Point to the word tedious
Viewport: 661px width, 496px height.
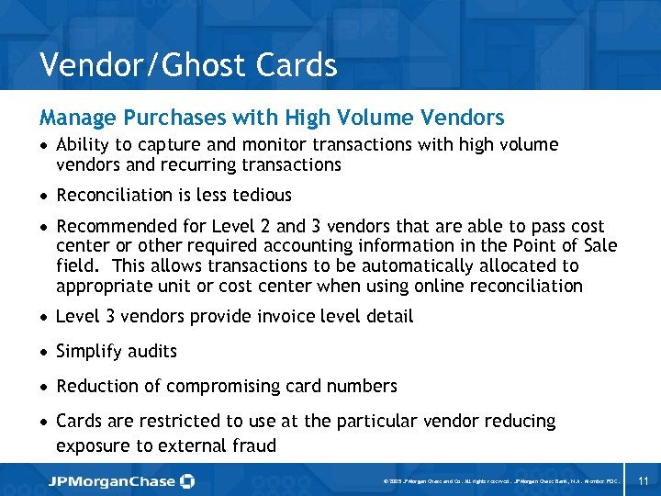click(x=260, y=195)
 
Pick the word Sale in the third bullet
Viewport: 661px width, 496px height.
click(x=599, y=245)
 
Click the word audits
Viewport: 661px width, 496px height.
click(x=152, y=351)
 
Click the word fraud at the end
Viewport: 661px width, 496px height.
click(x=252, y=446)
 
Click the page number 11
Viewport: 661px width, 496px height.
click(x=643, y=480)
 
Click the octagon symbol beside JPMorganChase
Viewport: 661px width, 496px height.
click(x=187, y=480)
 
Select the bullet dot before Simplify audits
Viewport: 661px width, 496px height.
click(x=44, y=352)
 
